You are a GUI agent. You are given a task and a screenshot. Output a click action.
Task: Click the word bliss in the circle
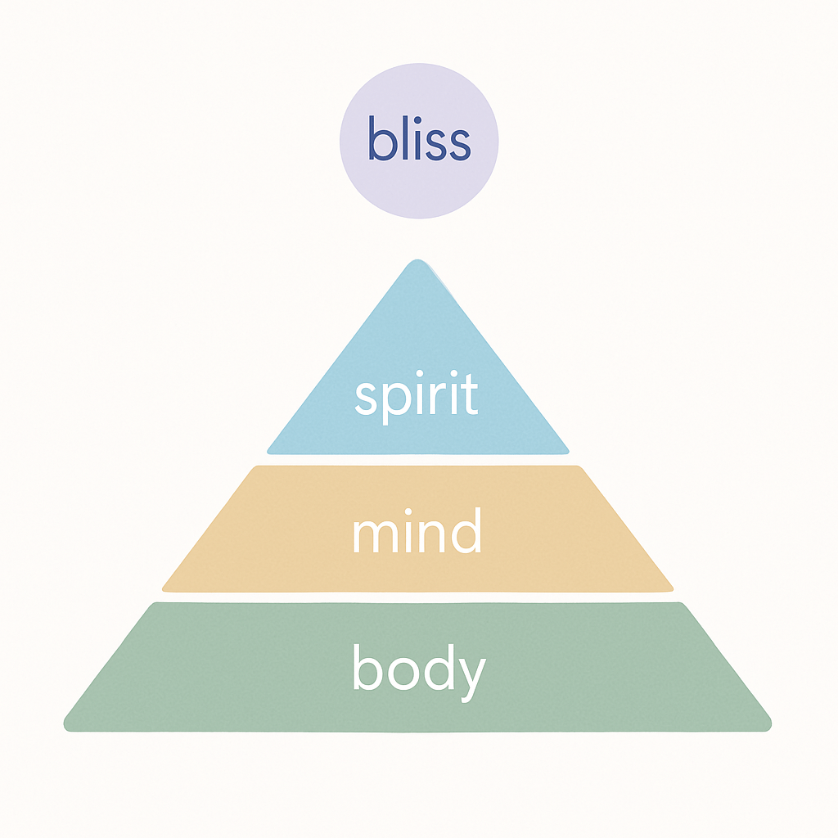pos(419,140)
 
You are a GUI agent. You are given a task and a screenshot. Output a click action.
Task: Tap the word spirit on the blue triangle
pos(417,396)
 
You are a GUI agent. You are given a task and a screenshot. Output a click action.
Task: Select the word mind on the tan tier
pos(417,532)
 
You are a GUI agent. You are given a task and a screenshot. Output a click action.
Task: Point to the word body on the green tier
pos(419,669)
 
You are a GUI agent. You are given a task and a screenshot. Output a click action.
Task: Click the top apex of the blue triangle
pos(418,261)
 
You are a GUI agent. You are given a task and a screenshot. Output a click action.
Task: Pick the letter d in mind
pos(465,532)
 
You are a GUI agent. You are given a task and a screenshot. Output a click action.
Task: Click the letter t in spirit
pos(470,396)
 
